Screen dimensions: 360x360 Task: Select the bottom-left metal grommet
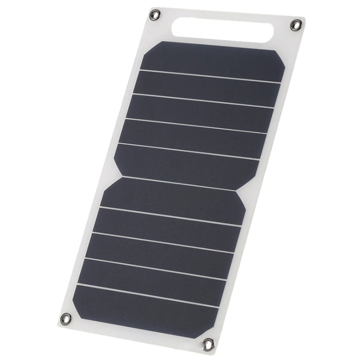(66, 319)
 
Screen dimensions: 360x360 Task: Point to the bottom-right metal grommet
(208, 345)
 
